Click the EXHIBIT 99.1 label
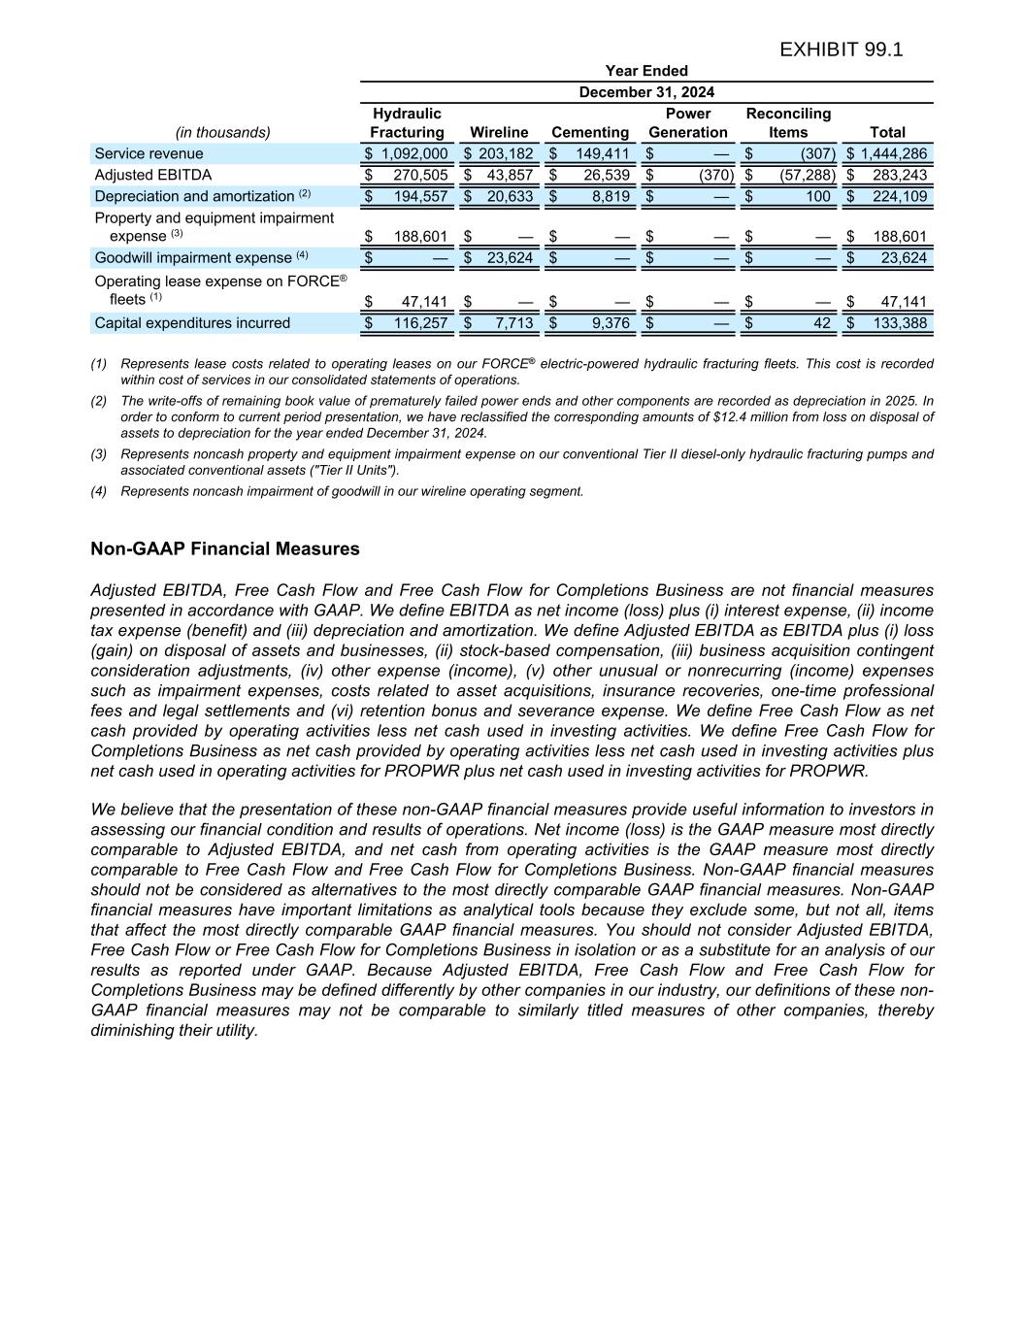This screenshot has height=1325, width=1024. (x=841, y=50)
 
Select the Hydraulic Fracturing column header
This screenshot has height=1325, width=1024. (x=407, y=123)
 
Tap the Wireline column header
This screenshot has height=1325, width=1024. (x=499, y=133)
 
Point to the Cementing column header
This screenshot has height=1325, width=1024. (x=590, y=133)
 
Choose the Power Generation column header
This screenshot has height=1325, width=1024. (x=687, y=123)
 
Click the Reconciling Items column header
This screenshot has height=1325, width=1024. (x=788, y=123)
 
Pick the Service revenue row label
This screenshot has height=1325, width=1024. (x=149, y=153)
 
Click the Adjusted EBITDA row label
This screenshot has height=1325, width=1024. (x=152, y=175)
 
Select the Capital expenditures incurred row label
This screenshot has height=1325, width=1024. (x=192, y=323)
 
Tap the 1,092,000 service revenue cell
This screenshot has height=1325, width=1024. (x=414, y=153)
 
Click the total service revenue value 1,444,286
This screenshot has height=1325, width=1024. (x=894, y=153)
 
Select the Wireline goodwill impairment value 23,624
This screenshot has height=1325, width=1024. (x=510, y=257)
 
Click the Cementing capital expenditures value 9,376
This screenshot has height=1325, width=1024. (x=611, y=323)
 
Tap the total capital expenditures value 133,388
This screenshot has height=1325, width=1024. (x=900, y=323)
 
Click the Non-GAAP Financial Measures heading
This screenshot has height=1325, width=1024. (x=224, y=549)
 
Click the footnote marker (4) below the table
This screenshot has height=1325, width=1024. (x=99, y=491)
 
